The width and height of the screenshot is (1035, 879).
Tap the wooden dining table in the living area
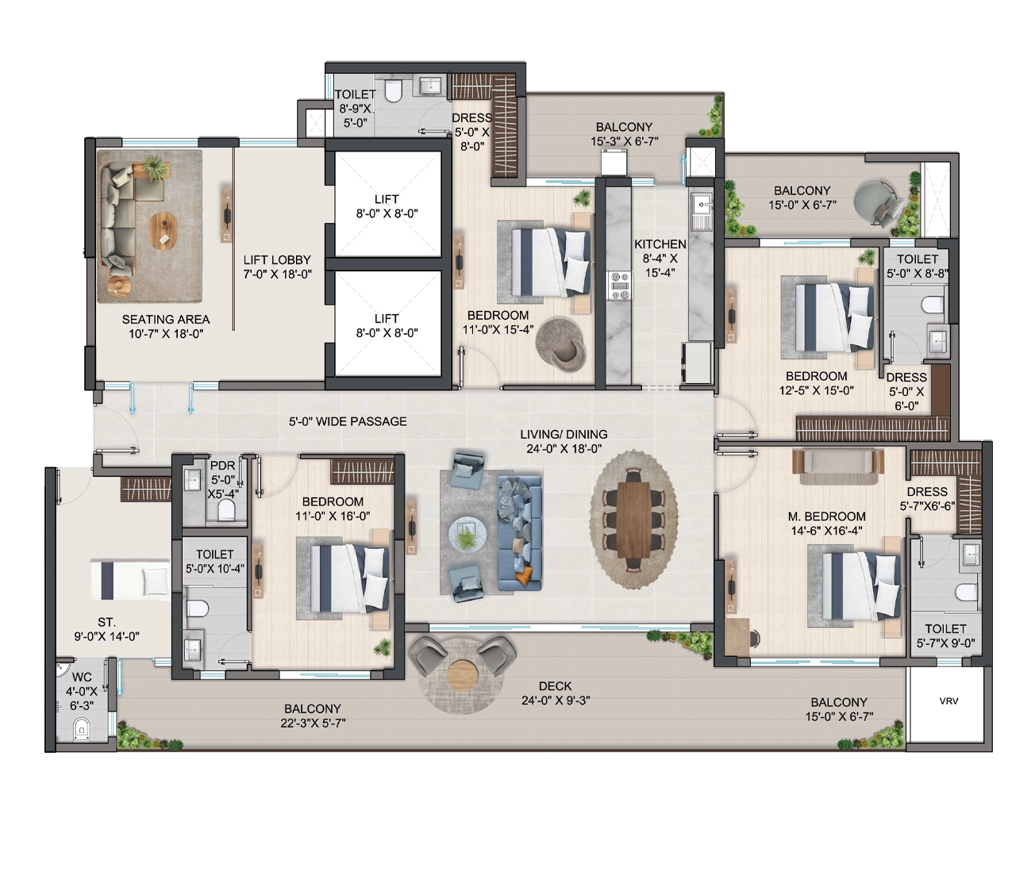pyautogui.click(x=633, y=519)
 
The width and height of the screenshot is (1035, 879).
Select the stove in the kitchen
pyautogui.click(x=619, y=286)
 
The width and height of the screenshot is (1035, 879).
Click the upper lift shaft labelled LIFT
pyautogui.click(x=387, y=205)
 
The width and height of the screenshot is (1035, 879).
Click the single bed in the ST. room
pyautogui.click(x=130, y=580)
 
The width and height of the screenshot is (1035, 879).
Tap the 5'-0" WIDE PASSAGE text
pyautogui.click(x=348, y=421)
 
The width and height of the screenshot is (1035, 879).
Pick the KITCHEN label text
pyautogui.click(x=660, y=244)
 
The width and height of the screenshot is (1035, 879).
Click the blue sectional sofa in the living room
pyautogui.click(x=519, y=534)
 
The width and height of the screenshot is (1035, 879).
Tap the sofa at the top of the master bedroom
pyautogui.click(x=837, y=461)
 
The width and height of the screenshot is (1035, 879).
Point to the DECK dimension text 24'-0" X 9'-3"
pyautogui.click(x=556, y=701)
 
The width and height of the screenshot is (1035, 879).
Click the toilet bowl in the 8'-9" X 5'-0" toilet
pyautogui.click(x=394, y=91)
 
